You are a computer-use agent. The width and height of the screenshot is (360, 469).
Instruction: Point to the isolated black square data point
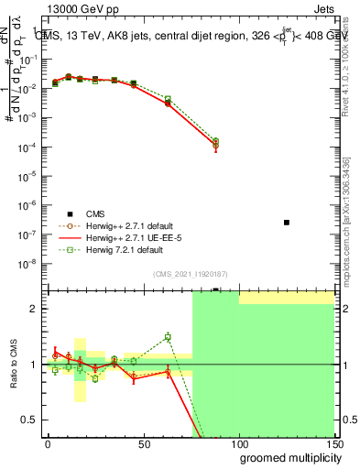pos(287,223)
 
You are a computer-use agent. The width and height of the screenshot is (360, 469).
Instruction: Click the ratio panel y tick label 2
pos(34,309)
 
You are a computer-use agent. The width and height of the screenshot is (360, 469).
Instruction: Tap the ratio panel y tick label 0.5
pos(29,420)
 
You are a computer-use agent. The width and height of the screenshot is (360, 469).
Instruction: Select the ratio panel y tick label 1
pos(34,365)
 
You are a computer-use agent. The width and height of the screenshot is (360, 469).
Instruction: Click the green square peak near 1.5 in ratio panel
pos(168,337)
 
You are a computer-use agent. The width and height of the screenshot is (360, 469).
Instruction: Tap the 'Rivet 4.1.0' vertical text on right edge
pos(351,50)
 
